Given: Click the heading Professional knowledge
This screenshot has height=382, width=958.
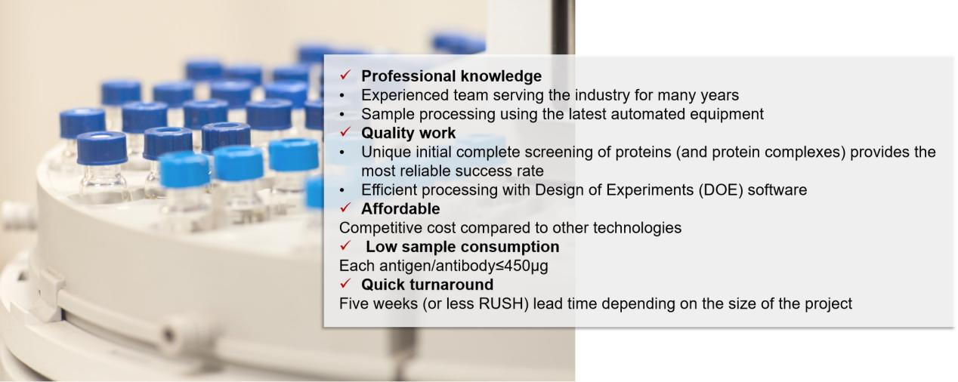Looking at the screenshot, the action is click(x=451, y=76).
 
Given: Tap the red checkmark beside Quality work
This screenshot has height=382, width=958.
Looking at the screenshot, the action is click(x=345, y=132).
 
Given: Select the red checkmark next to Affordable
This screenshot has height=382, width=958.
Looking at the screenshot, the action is click(x=345, y=208).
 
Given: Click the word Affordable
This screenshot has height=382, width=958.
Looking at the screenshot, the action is click(x=400, y=209).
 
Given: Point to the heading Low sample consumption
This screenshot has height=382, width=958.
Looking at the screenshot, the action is click(x=462, y=247).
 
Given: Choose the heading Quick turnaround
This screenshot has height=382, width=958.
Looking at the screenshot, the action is click(x=428, y=285).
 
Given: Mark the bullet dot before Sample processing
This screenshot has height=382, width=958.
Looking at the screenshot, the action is click(x=341, y=115).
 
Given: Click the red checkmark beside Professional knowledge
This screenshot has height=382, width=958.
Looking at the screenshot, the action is click(x=345, y=75).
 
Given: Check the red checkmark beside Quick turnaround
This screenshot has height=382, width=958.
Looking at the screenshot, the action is click(x=345, y=284).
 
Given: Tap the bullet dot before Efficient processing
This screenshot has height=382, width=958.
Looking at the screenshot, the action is click(x=341, y=190).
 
